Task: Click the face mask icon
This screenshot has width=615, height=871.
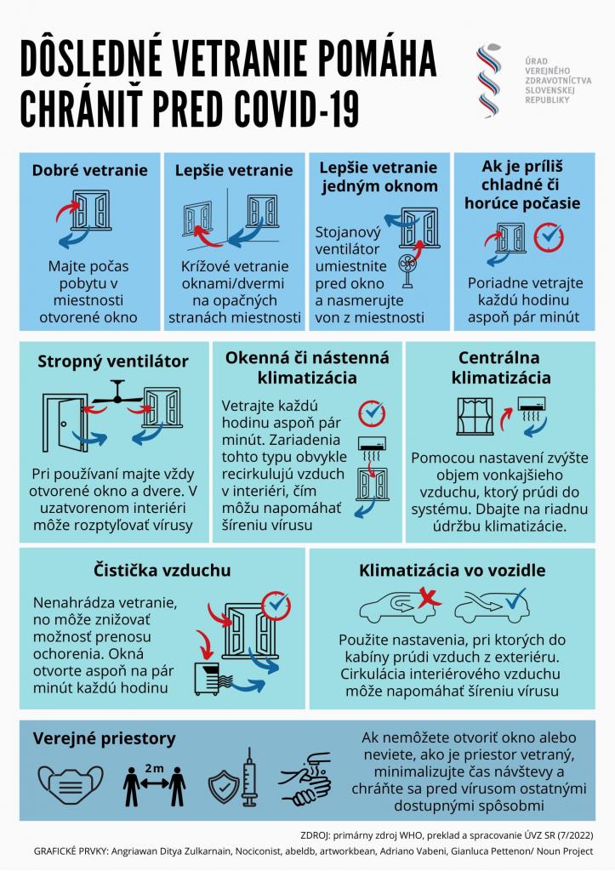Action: pyautogui.click(x=71, y=785)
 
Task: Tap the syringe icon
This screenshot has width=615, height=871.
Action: pyautogui.click(x=249, y=777)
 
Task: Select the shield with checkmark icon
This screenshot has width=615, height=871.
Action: pyautogui.click(x=224, y=787)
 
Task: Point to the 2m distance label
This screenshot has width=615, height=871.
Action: pyautogui.click(x=155, y=768)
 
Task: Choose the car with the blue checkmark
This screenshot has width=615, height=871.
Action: pyautogui.click(x=491, y=606)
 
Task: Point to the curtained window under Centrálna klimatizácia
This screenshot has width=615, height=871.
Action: pyautogui.click(x=475, y=416)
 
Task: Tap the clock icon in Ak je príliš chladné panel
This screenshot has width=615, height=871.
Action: pyautogui.click(x=549, y=237)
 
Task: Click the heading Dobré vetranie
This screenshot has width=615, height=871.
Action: pyautogui.click(x=90, y=170)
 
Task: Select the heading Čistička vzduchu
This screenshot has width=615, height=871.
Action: pyautogui.click(x=162, y=570)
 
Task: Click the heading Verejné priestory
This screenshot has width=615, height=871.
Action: pyautogui.click(x=105, y=738)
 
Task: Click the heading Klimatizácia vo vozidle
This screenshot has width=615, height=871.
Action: pyautogui.click(x=453, y=571)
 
